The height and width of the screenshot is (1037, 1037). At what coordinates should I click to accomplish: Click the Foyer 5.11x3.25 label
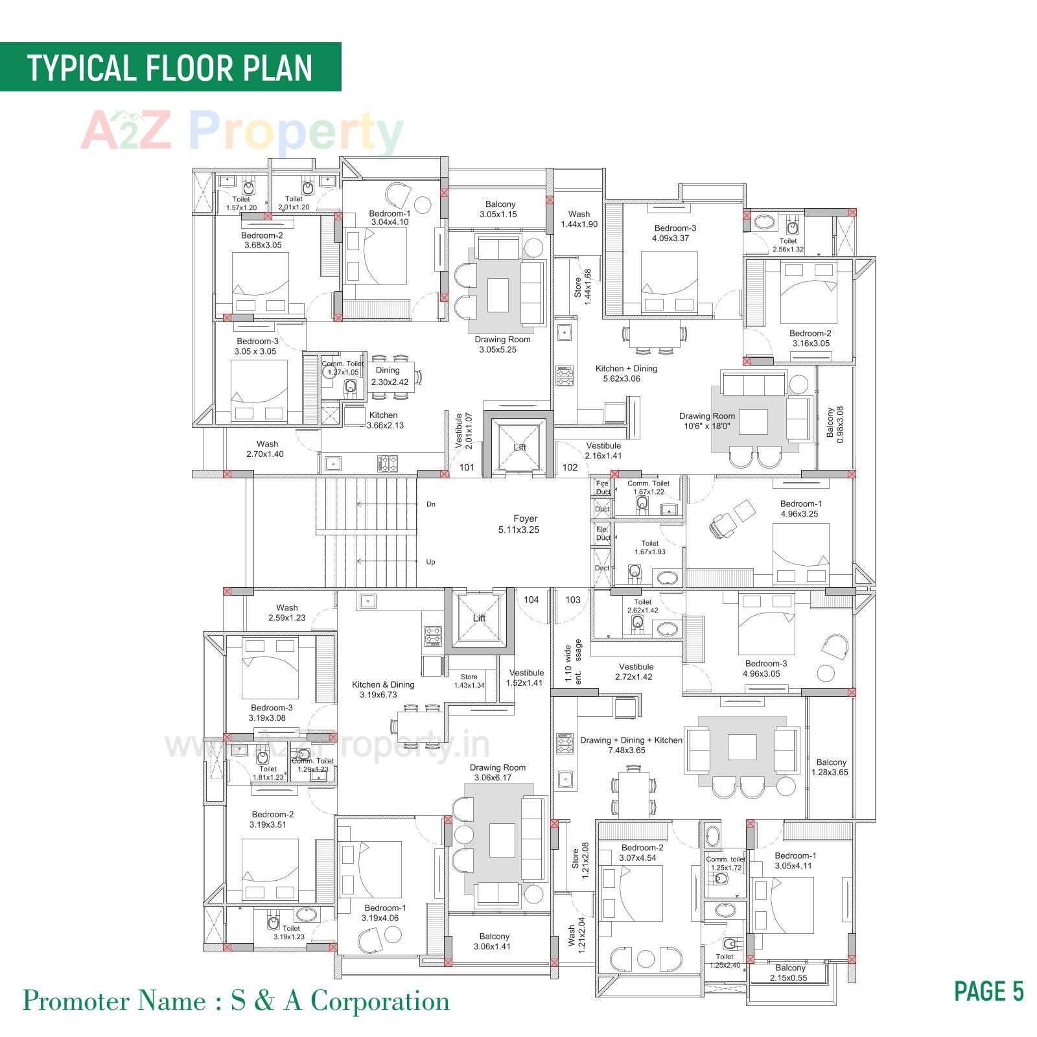point(526,524)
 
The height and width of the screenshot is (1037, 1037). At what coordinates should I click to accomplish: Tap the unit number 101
point(467,467)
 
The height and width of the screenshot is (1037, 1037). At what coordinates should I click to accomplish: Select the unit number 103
point(573,600)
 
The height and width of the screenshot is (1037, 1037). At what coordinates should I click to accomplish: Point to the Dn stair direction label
point(431,504)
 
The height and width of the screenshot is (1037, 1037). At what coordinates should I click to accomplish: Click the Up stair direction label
point(431,562)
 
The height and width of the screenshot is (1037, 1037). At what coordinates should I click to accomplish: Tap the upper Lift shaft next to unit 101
point(519,447)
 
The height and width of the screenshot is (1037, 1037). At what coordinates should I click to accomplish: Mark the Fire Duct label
point(602,487)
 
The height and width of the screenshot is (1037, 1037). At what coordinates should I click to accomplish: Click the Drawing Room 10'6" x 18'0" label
point(707,421)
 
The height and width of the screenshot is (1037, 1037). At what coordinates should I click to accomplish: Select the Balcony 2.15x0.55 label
point(789,973)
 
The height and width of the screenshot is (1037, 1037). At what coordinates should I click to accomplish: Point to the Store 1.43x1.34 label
point(469,681)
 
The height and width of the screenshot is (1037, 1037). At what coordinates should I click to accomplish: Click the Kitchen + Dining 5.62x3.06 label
point(626,373)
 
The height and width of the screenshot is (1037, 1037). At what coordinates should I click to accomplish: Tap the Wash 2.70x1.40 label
point(266,449)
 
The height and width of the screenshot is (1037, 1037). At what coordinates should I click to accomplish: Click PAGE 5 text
point(988,991)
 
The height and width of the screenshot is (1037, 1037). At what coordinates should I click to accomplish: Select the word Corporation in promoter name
point(380,1001)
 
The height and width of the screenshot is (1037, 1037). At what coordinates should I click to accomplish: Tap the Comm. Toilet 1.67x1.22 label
point(648,487)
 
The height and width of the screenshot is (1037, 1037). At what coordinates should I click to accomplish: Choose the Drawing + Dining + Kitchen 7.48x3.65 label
point(631,745)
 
